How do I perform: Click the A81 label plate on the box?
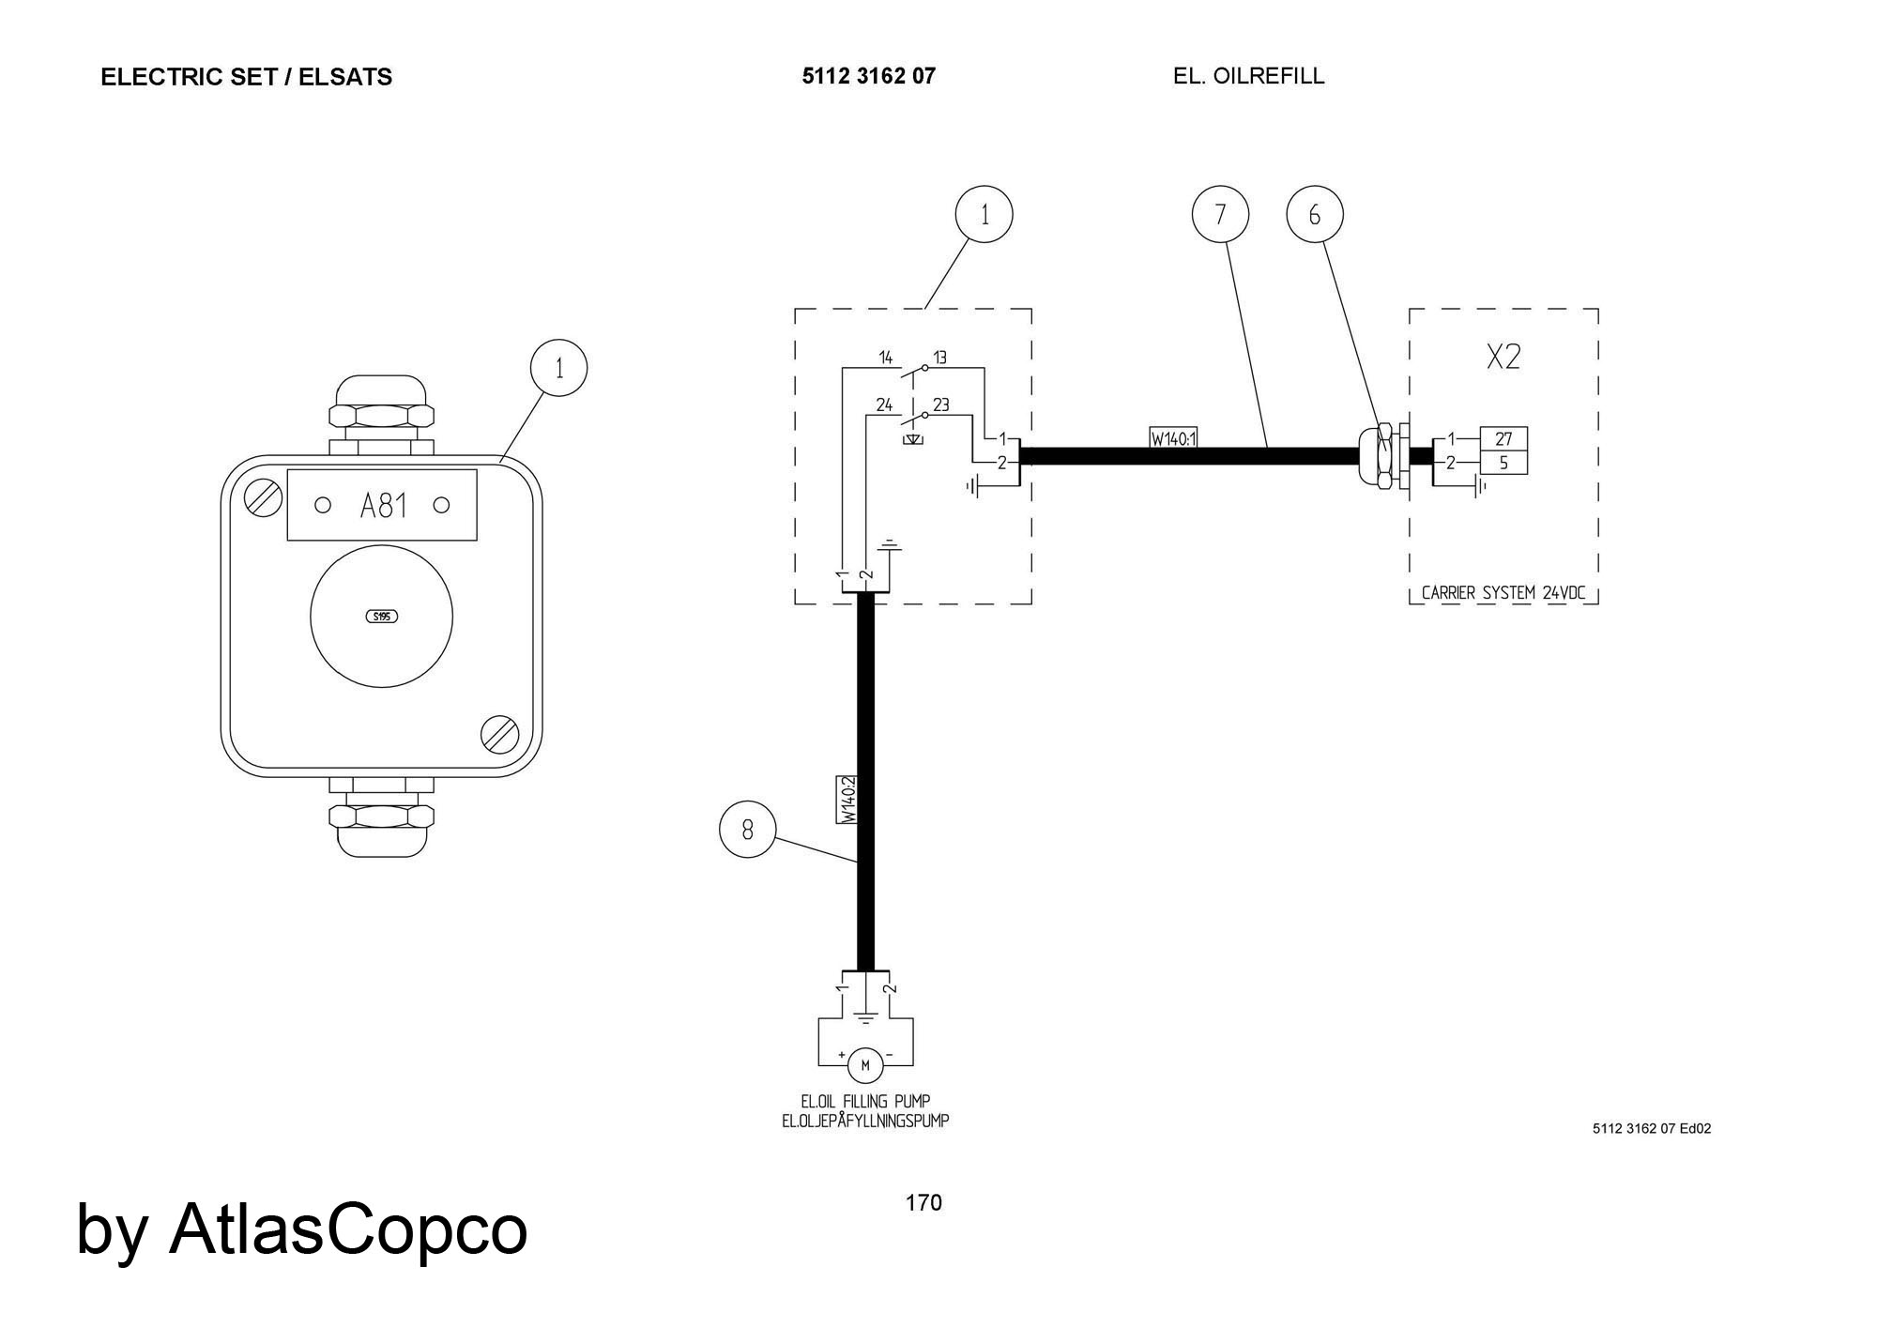[382, 505]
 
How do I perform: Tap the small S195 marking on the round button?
[381, 617]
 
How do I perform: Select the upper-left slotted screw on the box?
[263, 496]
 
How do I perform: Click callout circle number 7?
[1220, 215]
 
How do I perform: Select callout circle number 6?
[1314, 215]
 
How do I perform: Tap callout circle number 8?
[747, 830]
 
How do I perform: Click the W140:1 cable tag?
[1174, 437]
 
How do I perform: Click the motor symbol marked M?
[865, 1064]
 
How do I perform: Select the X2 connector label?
[1503, 357]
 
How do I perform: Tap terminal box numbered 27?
[1503, 439]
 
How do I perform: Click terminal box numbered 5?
[1503, 463]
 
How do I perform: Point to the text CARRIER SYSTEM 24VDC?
[1503, 593]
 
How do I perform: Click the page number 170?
[923, 1203]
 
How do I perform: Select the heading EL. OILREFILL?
[1248, 76]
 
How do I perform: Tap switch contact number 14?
[885, 358]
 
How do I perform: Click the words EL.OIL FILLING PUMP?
[865, 1101]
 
